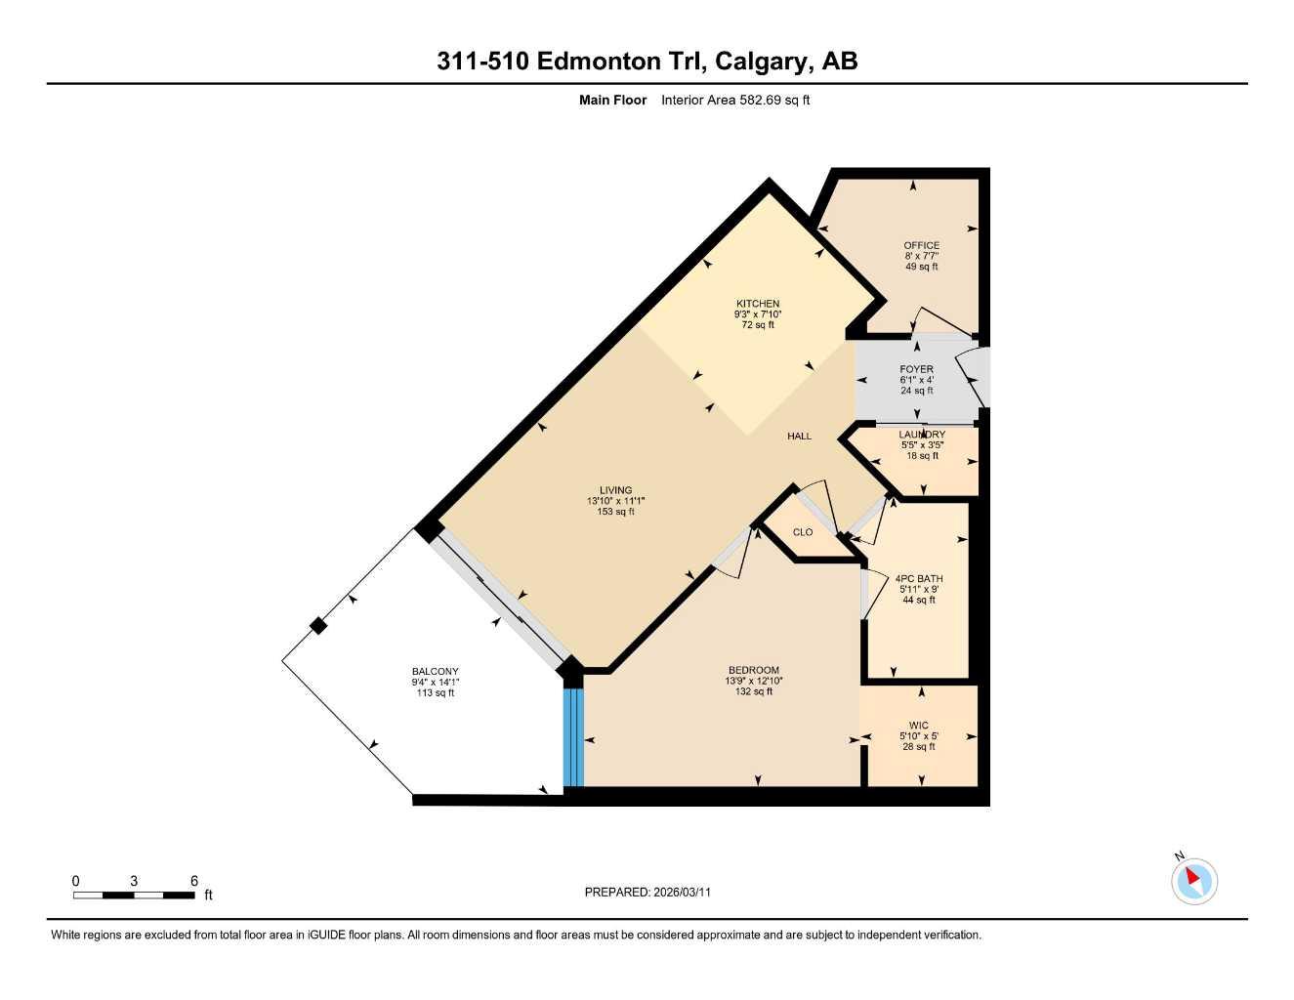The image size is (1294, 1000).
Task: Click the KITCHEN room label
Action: point(758,304)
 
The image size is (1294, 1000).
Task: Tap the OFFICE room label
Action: point(921,246)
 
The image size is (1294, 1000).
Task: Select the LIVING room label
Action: point(615,490)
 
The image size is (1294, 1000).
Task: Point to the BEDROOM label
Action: point(753,671)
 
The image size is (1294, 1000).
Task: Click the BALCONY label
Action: point(435,672)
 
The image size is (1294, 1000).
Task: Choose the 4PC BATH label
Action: point(918,579)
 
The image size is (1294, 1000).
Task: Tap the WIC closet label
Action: point(918,726)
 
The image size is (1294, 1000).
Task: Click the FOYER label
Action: point(916,370)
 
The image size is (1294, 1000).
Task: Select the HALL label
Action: point(799,437)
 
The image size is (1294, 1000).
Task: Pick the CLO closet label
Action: point(803,532)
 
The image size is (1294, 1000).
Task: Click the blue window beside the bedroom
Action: point(573,737)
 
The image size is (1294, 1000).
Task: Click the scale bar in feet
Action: point(134,895)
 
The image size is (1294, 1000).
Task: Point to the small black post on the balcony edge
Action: point(317,626)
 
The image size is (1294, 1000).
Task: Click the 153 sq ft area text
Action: point(615,512)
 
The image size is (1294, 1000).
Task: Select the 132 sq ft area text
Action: point(753,691)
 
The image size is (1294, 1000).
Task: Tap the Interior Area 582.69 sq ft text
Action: point(734,100)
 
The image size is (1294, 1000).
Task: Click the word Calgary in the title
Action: point(762,62)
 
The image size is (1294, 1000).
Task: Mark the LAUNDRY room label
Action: point(922,435)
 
